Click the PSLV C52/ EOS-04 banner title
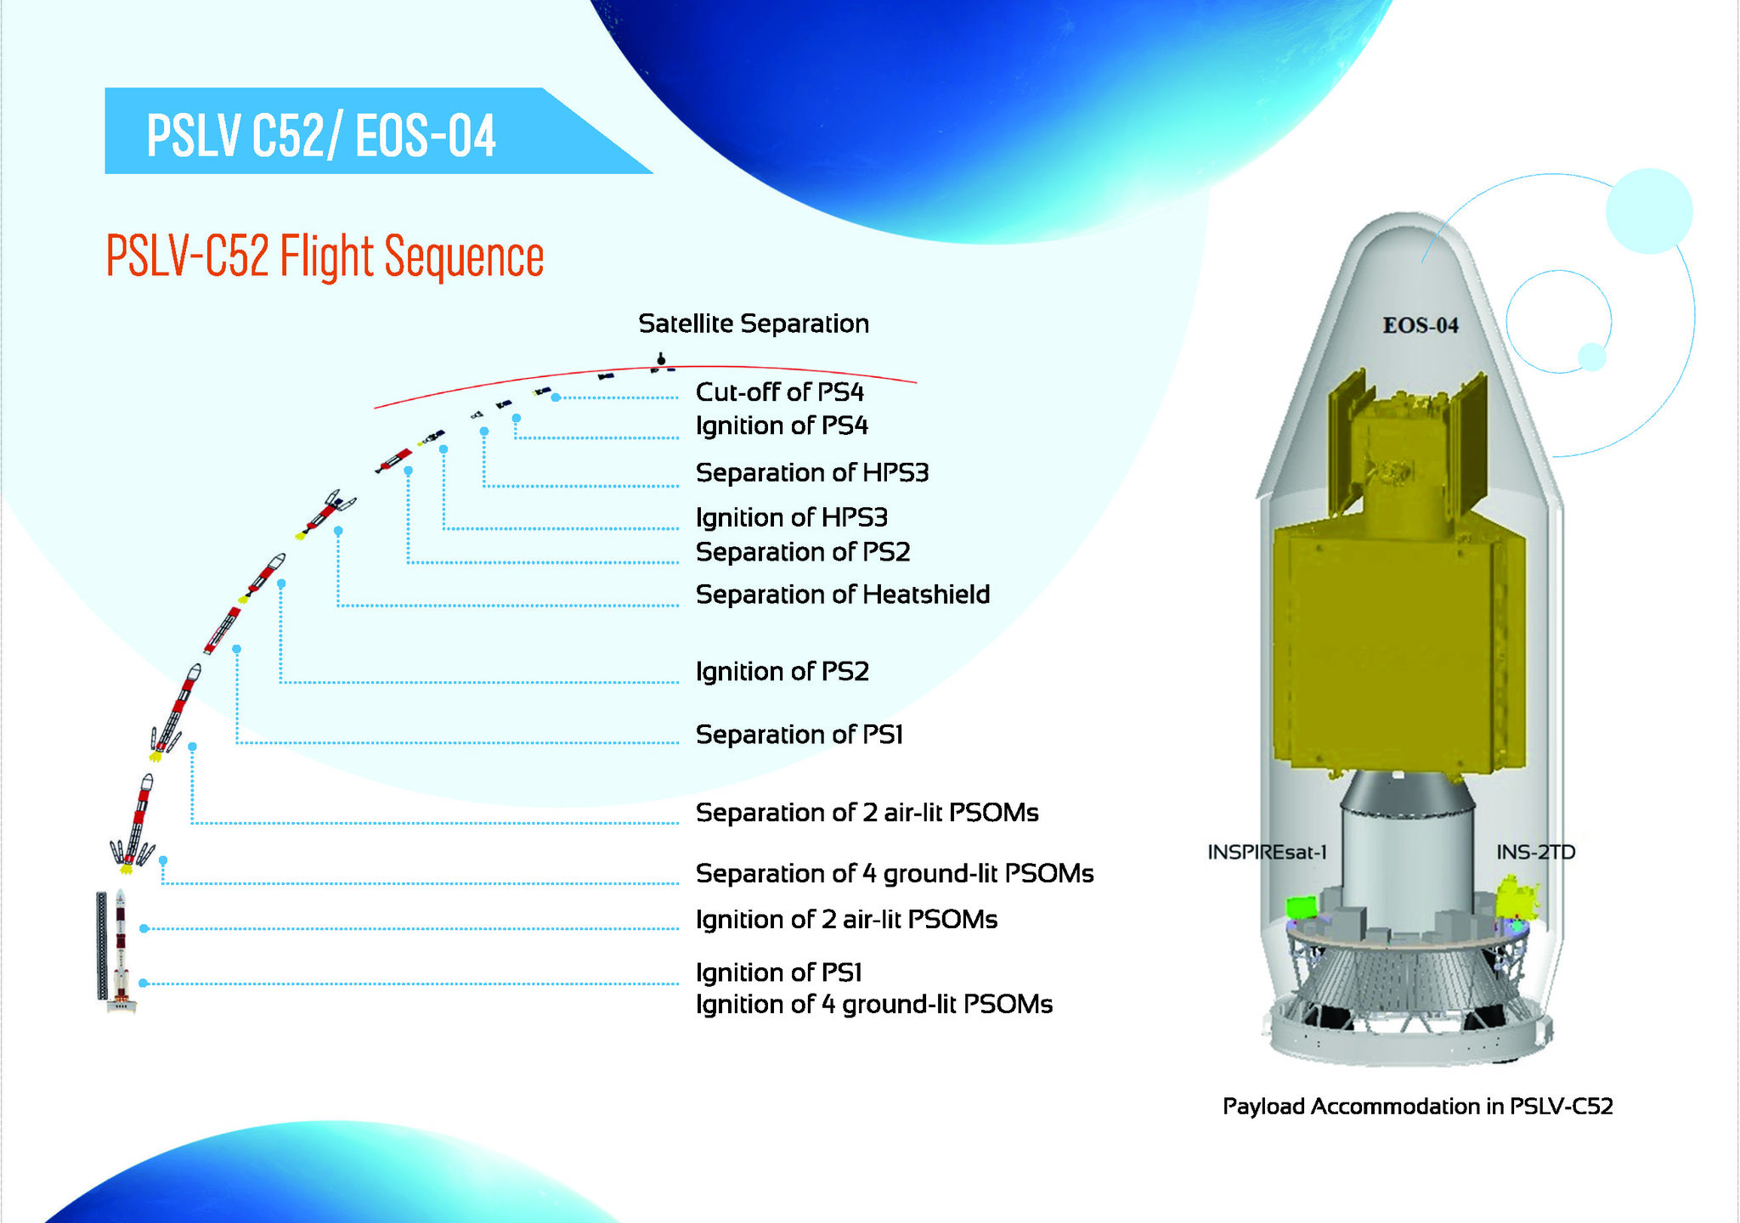[x=321, y=136]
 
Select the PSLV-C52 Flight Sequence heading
[x=325, y=256]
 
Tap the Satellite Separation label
[x=754, y=324]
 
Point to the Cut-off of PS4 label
[x=780, y=392]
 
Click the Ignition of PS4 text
[x=782, y=426]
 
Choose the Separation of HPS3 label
[x=812, y=472]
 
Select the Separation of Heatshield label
[x=843, y=595]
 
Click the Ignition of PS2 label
[x=782, y=672]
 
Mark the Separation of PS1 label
[x=799, y=735]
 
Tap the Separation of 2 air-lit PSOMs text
[x=867, y=813]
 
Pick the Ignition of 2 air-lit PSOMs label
[x=847, y=920]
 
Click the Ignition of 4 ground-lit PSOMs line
[x=874, y=1005]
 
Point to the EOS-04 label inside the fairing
[x=1421, y=325]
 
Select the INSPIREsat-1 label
[x=1267, y=852]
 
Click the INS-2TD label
[x=1536, y=852]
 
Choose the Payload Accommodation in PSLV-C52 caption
[x=1418, y=1106]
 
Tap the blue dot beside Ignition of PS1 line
[x=144, y=983]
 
